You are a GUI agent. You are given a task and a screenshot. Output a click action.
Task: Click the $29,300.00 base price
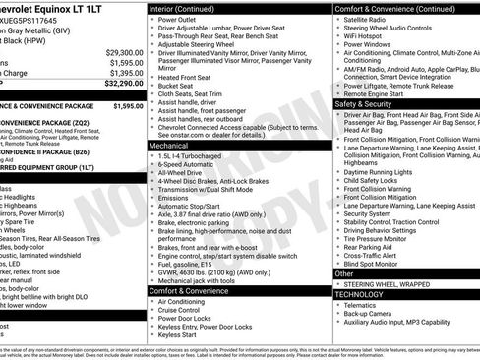pyautogui.click(x=124, y=52)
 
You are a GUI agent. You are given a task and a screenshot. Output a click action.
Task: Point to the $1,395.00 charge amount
pyautogui.click(x=126, y=73)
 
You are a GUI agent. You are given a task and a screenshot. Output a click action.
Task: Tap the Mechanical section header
pyautogui.click(x=170, y=144)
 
